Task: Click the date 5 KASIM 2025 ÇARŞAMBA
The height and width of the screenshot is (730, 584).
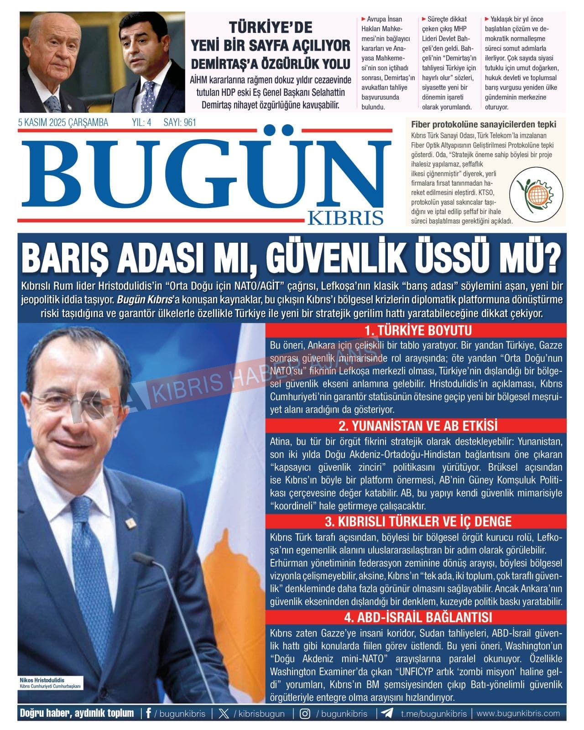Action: (x=63, y=122)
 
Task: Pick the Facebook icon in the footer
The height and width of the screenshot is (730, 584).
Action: (x=149, y=714)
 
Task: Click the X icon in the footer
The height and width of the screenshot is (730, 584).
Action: (x=224, y=714)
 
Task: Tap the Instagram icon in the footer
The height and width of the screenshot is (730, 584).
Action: (x=305, y=714)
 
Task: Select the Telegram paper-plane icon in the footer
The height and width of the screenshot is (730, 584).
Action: (x=387, y=714)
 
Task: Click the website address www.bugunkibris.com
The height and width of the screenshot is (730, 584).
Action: (x=518, y=714)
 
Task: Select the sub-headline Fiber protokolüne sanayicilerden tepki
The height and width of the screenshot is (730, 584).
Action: (x=484, y=124)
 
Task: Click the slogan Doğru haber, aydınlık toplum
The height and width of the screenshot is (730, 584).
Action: (x=77, y=714)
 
